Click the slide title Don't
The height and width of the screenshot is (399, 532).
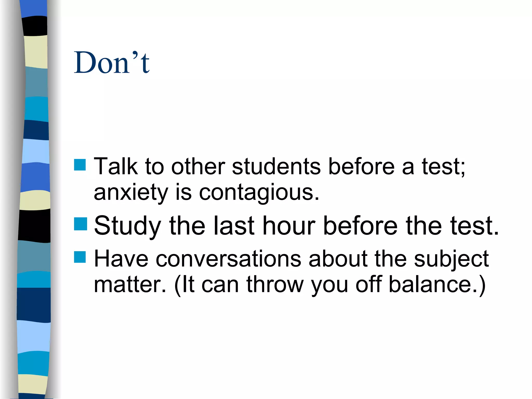[x=111, y=62]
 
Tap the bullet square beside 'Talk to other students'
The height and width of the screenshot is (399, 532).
[x=80, y=165]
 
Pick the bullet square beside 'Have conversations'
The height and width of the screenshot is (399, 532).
[x=80, y=257]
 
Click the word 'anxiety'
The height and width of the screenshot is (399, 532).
[x=131, y=193]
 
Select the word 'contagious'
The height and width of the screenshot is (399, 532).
[x=259, y=193]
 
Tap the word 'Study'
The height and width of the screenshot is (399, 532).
[x=127, y=226]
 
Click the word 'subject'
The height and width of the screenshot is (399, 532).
[x=451, y=259]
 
